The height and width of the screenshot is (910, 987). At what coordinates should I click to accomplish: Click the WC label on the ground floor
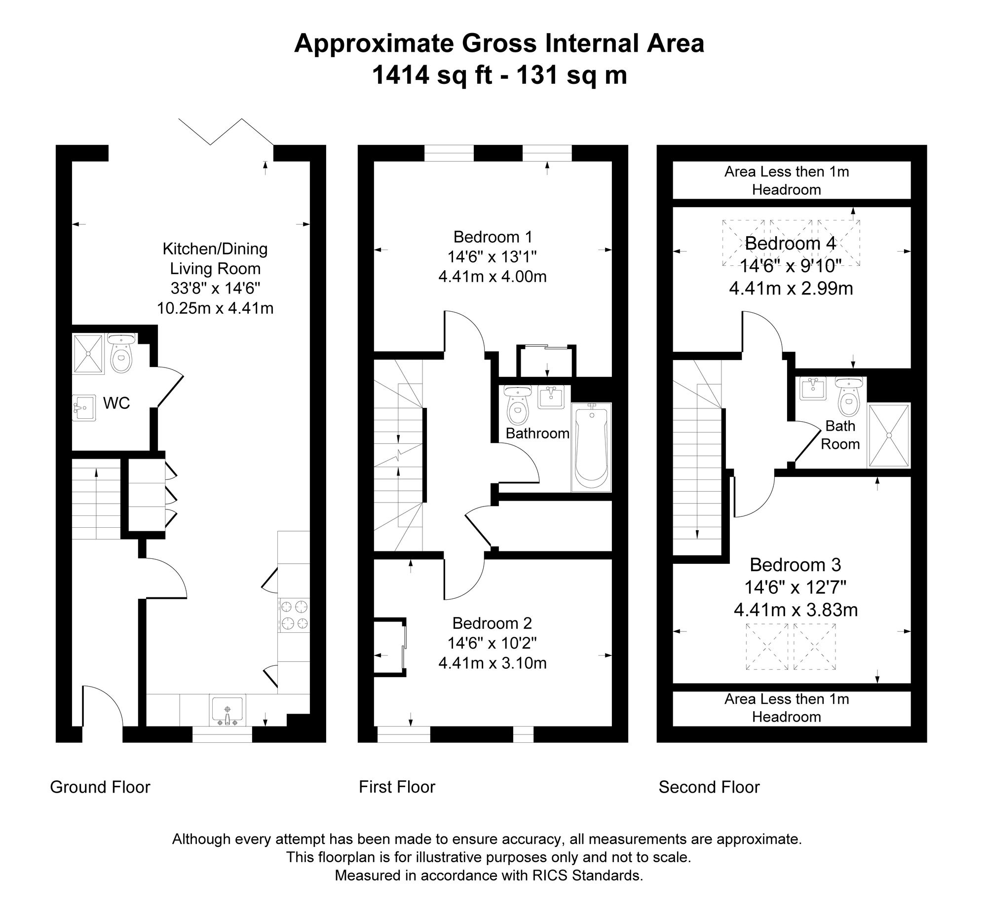[116, 403]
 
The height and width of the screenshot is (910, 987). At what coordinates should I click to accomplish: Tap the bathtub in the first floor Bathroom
[591, 447]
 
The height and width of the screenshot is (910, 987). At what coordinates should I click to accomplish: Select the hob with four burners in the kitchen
[294, 615]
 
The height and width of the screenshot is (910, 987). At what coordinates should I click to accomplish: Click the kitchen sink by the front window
[227, 711]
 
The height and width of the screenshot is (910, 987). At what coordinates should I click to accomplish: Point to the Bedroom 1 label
[493, 237]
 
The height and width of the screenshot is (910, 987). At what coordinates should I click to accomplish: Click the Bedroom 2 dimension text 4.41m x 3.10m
[493, 663]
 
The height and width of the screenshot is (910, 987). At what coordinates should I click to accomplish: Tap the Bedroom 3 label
[795, 565]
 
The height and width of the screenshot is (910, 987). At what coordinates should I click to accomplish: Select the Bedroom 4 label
[791, 243]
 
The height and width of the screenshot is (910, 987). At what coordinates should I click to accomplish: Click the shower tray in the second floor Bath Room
[889, 435]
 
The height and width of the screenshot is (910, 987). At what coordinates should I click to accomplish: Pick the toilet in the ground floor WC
[121, 353]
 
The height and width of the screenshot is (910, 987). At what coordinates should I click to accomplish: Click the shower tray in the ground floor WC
[88, 353]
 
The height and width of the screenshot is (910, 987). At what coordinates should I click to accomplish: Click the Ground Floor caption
[100, 787]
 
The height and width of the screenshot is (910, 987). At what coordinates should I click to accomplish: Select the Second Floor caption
[709, 787]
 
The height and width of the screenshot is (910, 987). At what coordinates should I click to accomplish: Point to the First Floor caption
[397, 787]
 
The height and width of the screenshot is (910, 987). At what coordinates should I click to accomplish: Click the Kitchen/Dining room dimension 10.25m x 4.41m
[215, 308]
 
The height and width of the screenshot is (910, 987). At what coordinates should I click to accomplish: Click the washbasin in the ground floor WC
[84, 407]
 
